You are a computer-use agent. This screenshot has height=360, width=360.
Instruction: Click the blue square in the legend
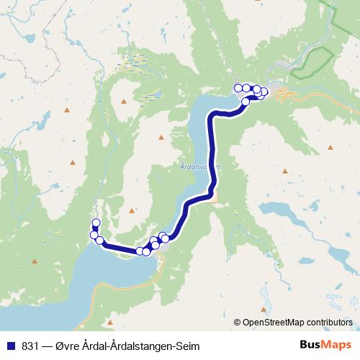click(x=10, y=346)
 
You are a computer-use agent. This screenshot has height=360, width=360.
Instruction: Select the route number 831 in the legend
click(x=31, y=346)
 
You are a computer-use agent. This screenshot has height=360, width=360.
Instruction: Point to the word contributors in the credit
click(x=330, y=322)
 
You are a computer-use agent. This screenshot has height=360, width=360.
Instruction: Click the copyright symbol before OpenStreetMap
click(x=238, y=322)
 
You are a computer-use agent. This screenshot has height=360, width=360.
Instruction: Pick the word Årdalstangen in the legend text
click(x=131, y=346)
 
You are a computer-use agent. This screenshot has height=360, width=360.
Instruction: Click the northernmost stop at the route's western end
click(x=96, y=222)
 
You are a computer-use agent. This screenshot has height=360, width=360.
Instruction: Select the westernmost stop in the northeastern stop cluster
click(x=238, y=88)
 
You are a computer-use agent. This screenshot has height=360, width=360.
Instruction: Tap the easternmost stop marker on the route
click(x=264, y=91)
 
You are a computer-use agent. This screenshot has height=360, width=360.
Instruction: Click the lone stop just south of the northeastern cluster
click(x=246, y=102)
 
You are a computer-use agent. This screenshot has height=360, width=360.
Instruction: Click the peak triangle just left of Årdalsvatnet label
click(x=162, y=137)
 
